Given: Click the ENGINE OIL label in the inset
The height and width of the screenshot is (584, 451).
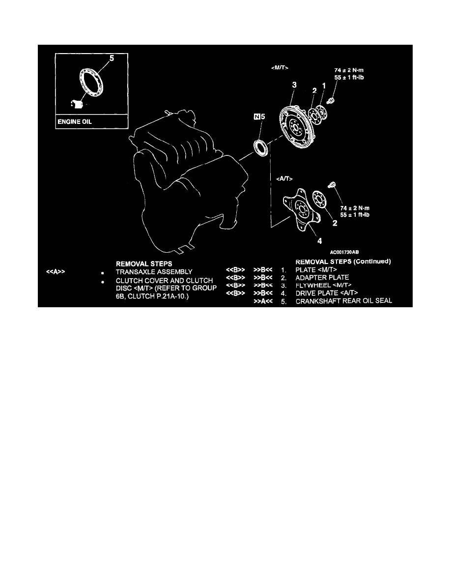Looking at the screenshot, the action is (74, 122).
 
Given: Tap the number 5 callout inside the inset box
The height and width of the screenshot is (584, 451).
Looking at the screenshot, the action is (112, 58).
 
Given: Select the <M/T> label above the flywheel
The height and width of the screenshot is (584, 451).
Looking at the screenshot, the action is (280, 68).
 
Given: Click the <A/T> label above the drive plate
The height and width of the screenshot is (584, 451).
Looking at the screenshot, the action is (284, 179).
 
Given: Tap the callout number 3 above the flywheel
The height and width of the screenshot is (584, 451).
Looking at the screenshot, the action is (294, 85).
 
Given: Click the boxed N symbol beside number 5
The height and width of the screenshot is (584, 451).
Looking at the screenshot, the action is (257, 117).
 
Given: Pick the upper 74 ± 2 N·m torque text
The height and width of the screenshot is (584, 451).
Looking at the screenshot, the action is (349, 70).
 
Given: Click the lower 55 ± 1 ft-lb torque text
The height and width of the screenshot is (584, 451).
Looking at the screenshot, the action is (355, 215).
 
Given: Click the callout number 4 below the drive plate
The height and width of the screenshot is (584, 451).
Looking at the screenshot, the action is (319, 241).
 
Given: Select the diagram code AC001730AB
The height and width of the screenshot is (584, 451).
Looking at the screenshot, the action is (344, 252).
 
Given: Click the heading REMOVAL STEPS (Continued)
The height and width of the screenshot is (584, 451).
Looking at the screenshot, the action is (343, 262).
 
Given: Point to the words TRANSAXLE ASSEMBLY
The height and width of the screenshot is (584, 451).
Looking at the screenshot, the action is (154, 272).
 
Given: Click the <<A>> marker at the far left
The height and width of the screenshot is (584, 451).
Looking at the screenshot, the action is (56, 272).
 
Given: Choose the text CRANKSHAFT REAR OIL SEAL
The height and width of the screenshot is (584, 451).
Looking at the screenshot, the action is (344, 301).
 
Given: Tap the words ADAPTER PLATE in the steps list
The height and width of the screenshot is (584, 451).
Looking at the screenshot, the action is (322, 277).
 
